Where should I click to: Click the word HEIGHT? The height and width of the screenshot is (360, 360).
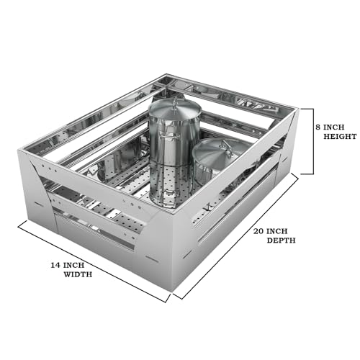(x=340, y=136)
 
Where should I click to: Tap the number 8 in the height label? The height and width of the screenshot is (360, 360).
(x=318, y=127)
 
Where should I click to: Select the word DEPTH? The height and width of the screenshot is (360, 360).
(x=281, y=240)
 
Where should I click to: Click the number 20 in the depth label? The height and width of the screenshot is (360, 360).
(x=258, y=231)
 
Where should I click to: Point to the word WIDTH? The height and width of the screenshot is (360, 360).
(x=78, y=274)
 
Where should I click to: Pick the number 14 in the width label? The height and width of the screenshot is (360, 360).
(x=55, y=265)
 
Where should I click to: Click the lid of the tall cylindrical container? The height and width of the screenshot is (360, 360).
(x=175, y=109)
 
